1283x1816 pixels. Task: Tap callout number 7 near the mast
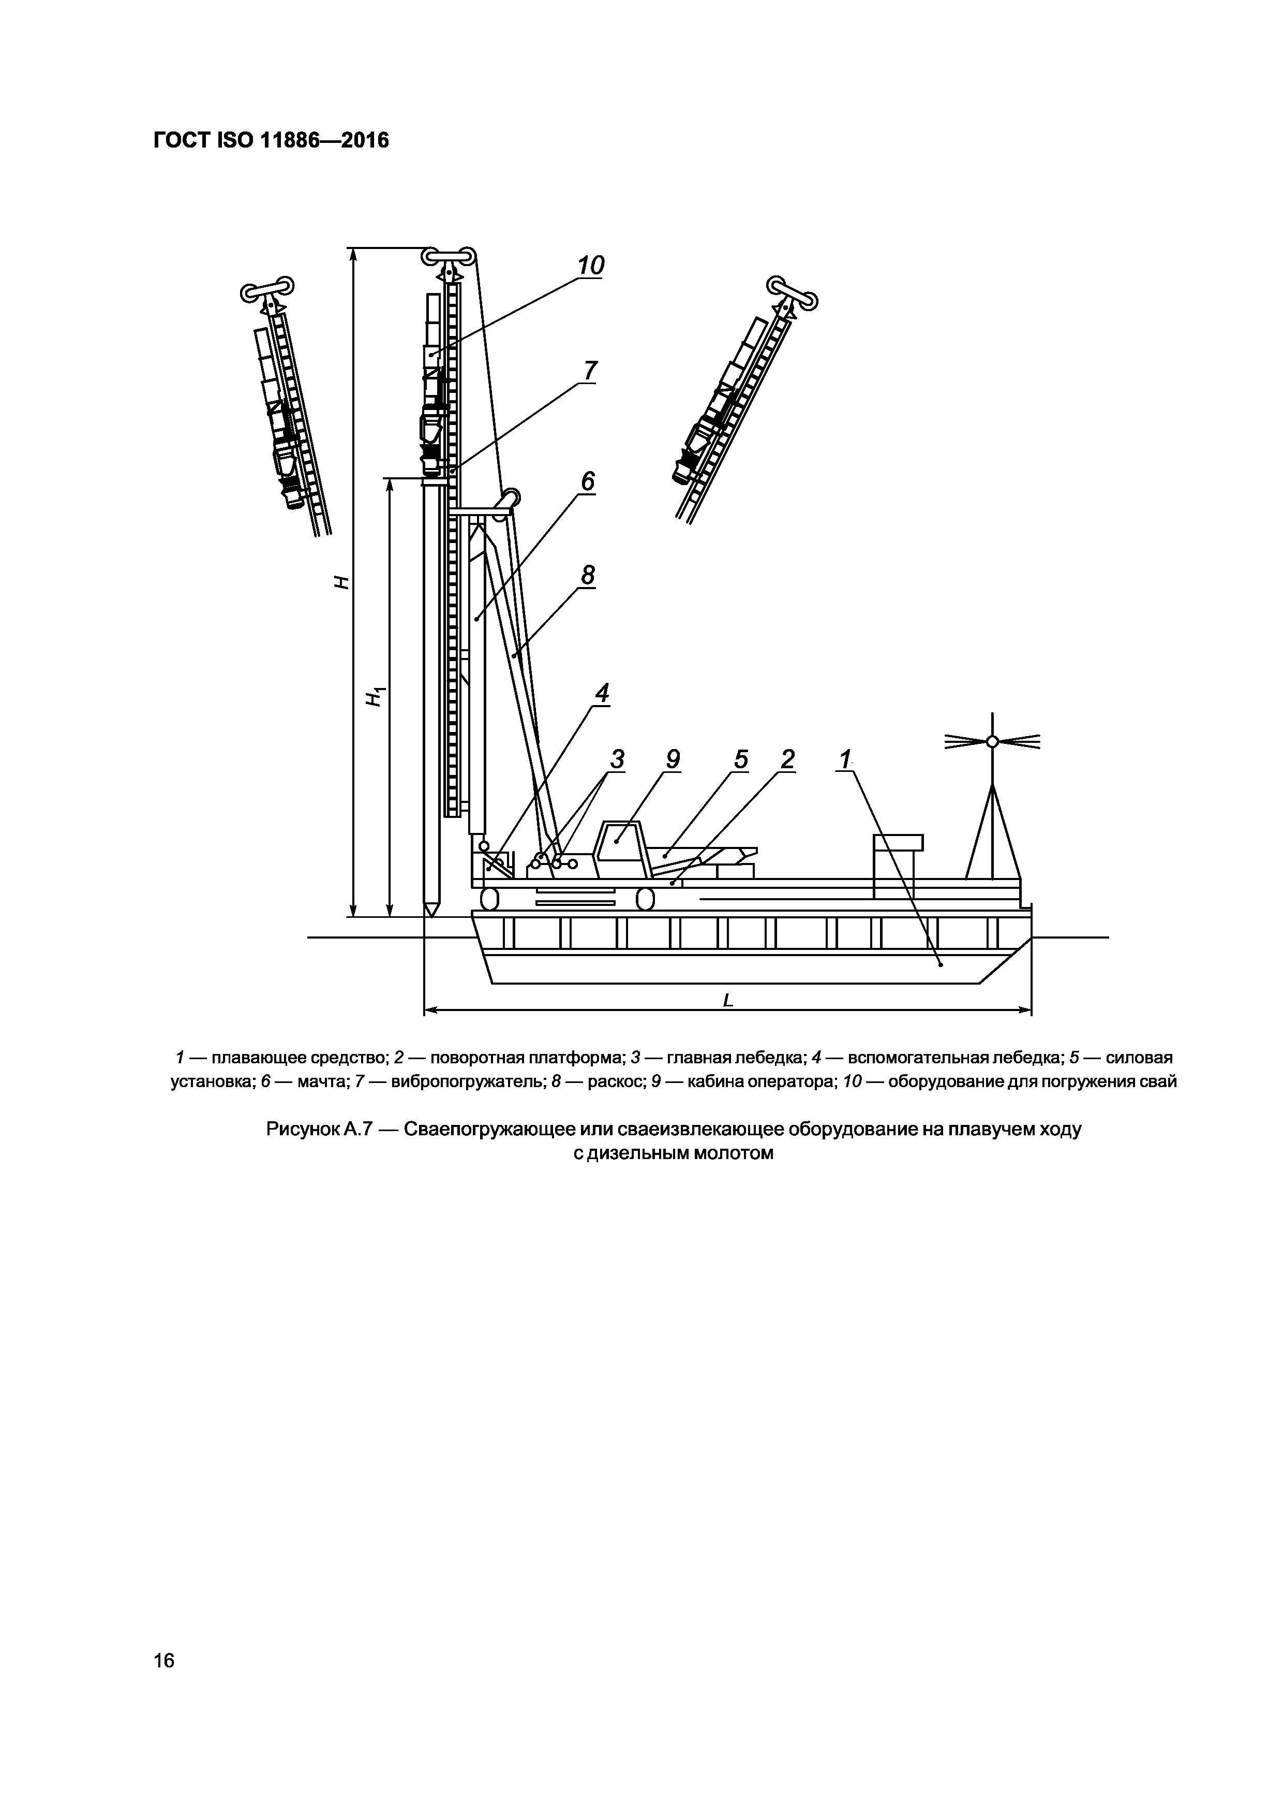(590, 370)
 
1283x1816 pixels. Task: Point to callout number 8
(587, 575)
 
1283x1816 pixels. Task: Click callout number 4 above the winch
(602, 694)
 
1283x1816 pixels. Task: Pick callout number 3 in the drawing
(617, 759)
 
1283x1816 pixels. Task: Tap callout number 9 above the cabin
(672, 759)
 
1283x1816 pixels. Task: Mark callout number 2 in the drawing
(787, 759)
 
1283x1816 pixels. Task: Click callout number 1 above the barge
(845, 759)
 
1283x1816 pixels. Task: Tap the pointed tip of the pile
(431, 911)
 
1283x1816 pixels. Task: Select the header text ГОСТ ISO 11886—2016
(271, 141)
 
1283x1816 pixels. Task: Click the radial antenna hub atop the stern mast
(993, 741)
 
